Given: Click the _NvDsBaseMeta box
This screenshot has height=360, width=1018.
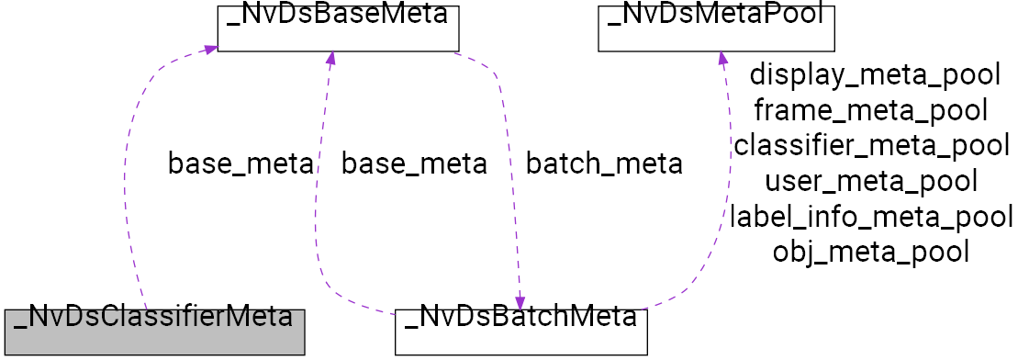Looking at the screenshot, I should (337, 28).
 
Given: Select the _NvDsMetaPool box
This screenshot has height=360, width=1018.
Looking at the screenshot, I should (716, 28).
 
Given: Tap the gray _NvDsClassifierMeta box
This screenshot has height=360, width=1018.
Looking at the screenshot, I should (152, 332).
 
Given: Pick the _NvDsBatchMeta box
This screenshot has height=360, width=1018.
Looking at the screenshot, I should (521, 332).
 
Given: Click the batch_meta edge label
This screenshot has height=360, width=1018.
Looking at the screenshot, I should (603, 164).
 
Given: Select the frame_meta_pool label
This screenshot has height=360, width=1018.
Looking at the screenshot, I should (870, 111).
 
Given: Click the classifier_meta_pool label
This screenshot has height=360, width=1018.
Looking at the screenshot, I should (871, 146).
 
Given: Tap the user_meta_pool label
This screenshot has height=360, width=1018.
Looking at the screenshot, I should (870, 181).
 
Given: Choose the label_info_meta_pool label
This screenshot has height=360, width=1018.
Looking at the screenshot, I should (871, 217).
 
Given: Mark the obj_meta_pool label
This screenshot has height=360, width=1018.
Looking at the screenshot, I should (871, 251).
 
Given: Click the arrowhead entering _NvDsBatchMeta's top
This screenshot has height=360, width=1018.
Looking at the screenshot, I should (520, 302).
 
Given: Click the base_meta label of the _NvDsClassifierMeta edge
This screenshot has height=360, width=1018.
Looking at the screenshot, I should (240, 164).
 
